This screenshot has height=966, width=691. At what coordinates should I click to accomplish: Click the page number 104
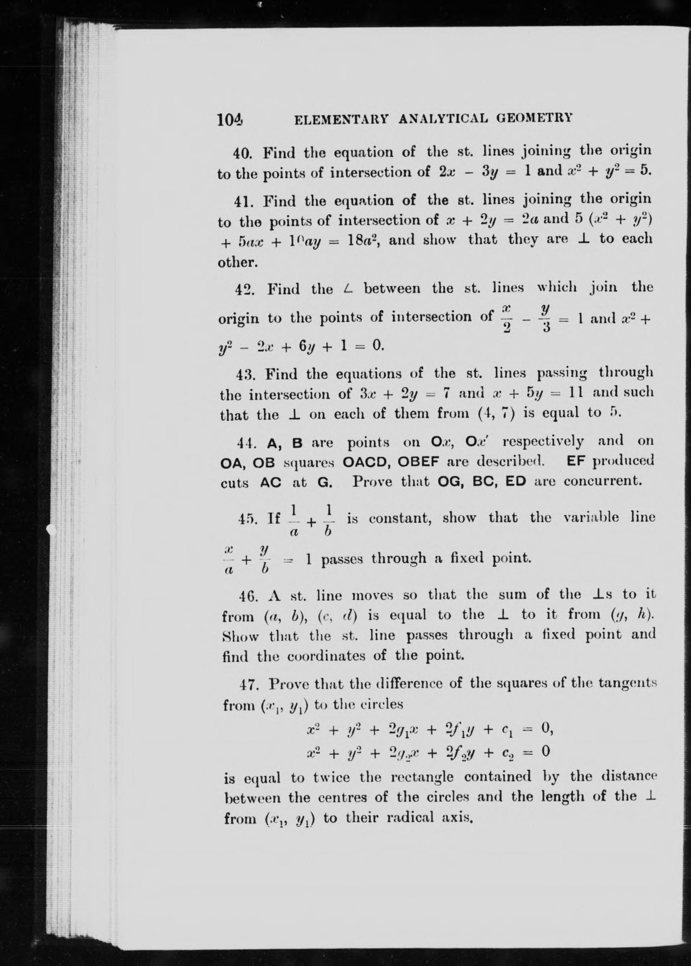click(229, 119)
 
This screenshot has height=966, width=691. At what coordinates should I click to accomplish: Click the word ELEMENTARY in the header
click(341, 119)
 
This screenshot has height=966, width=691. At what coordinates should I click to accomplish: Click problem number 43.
click(245, 375)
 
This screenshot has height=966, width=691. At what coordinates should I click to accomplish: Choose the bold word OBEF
click(418, 461)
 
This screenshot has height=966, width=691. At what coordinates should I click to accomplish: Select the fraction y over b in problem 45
click(264, 559)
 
